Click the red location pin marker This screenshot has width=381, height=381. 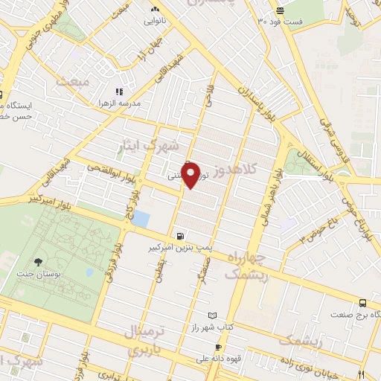click(x=191, y=174)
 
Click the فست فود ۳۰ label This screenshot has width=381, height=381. click(x=280, y=21)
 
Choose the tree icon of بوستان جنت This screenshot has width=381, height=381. click(x=38, y=261)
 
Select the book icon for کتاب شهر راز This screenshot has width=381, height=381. click(x=214, y=316)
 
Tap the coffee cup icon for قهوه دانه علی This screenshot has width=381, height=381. click(x=218, y=348)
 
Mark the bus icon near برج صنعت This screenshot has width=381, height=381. click(x=362, y=303)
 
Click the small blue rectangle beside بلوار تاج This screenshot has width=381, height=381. click(x=141, y=220)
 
